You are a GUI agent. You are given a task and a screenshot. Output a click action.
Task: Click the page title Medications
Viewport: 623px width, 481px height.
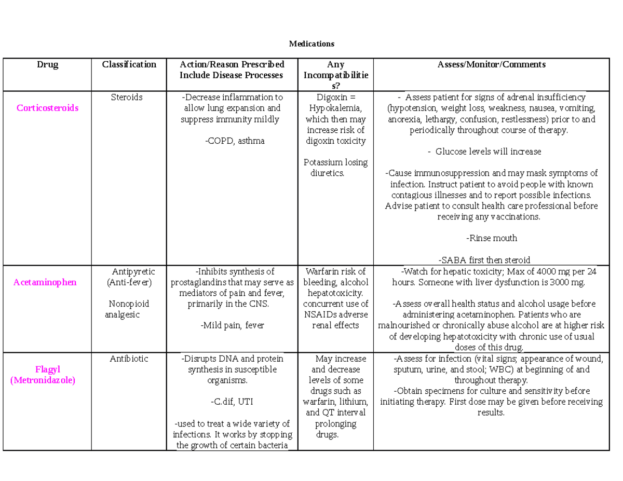coord(311,44)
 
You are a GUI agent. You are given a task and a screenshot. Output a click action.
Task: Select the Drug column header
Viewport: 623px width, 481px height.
coord(47,65)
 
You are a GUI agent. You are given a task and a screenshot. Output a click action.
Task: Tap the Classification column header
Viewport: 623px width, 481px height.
coord(129,65)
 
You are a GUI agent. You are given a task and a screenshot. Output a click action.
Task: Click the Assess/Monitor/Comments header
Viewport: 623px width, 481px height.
coord(491,65)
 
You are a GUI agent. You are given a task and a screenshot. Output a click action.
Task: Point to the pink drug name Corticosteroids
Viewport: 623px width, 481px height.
coord(47,108)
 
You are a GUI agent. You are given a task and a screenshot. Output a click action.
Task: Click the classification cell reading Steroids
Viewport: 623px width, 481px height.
coord(127,97)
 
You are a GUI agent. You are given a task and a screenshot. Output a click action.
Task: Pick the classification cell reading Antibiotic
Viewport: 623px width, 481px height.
coord(128,359)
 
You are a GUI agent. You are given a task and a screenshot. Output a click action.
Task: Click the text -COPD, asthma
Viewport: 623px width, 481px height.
coord(235,141)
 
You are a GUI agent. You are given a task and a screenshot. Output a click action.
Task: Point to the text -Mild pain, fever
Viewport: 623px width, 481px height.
coord(232,326)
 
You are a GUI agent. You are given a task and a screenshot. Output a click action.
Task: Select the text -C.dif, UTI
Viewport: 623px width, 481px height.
coord(232,402)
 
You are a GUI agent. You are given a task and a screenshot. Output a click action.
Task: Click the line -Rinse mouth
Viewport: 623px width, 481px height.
coord(491,239)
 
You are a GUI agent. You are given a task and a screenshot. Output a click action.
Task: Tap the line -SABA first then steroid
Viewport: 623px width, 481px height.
coord(484,260)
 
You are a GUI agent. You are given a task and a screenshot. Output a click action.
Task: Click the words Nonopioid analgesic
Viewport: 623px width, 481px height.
coord(124,309)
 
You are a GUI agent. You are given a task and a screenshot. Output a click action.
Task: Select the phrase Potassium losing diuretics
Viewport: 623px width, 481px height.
coord(335,168)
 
